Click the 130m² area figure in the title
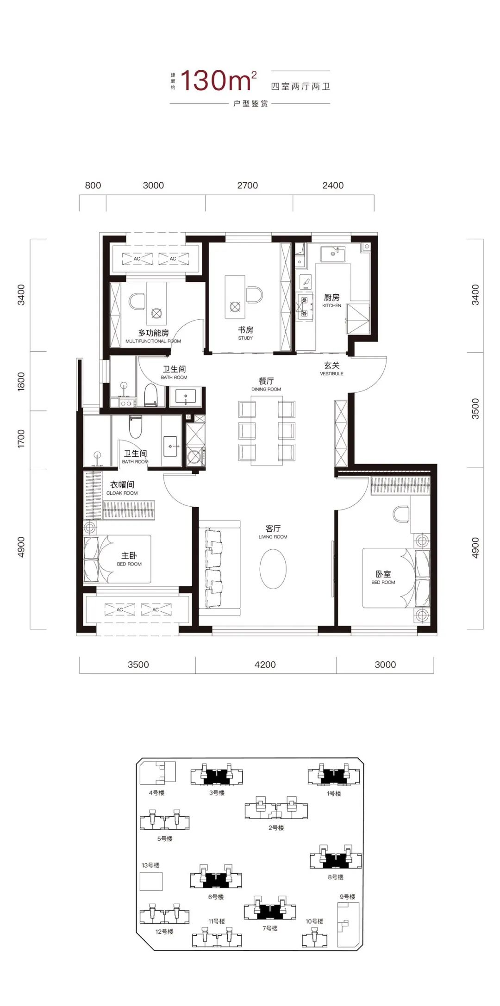click(x=218, y=81)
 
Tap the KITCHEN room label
click(x=331, y=305)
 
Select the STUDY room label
click(x=245, y=338)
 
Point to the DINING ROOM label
click(x=266, y=389)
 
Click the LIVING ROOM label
click(x=273, y=537)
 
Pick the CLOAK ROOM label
click(x=122, y=493)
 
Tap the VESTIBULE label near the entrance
click(x=332, y=373)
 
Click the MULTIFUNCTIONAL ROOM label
click(x=153, y=341)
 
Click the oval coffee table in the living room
click(x=273, y=569)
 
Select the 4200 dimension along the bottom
click(x=265, y=664)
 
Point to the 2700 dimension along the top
click(x=248, y=185)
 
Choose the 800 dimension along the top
click(x=93, y=185)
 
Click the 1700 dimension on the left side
click(x=21, y=439)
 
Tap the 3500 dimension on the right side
click(x=475, y=409)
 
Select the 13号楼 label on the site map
click(x=151, y=865)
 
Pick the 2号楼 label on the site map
click(x=276, y=827)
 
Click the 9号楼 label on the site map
click(x=348, y=896)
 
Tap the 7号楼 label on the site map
click(x=270, y=928)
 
